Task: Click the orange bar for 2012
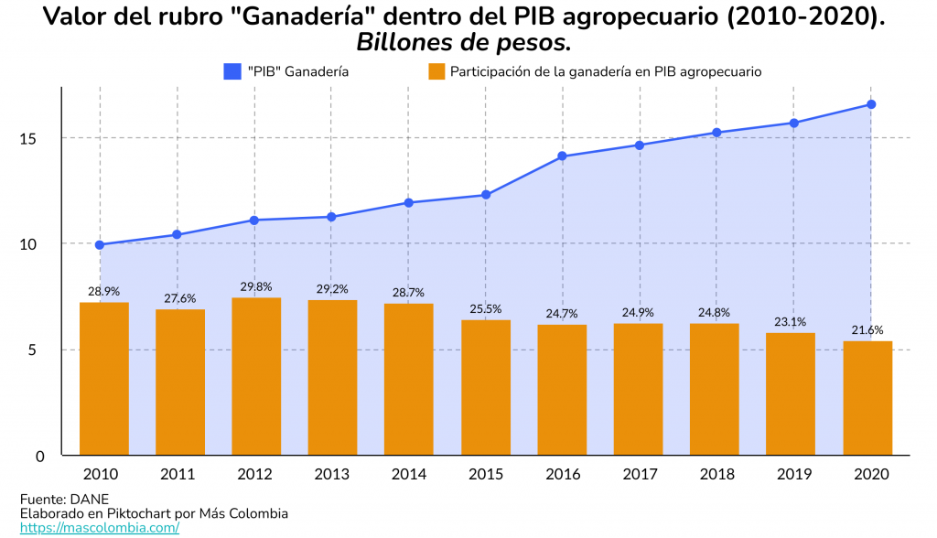[x=256, y=376]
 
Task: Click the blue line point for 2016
[x=563, y=156]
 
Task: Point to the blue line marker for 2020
[x=871, y=104]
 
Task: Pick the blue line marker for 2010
[x=100, y=245]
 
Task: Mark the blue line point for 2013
[x=331, y=217]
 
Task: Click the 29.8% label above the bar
[x=256, y=286]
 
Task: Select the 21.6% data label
[x=867, y=330]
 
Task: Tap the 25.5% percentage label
[x=486, y=309]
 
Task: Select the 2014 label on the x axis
[x=409, y=474]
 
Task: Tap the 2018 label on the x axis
[x=716, y=474]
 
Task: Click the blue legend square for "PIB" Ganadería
[x=232, y=71]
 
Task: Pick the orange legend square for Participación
[x=436, y=71]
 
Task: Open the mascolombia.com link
[x=99, y=528]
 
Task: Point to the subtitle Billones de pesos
[x=463, y=42]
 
